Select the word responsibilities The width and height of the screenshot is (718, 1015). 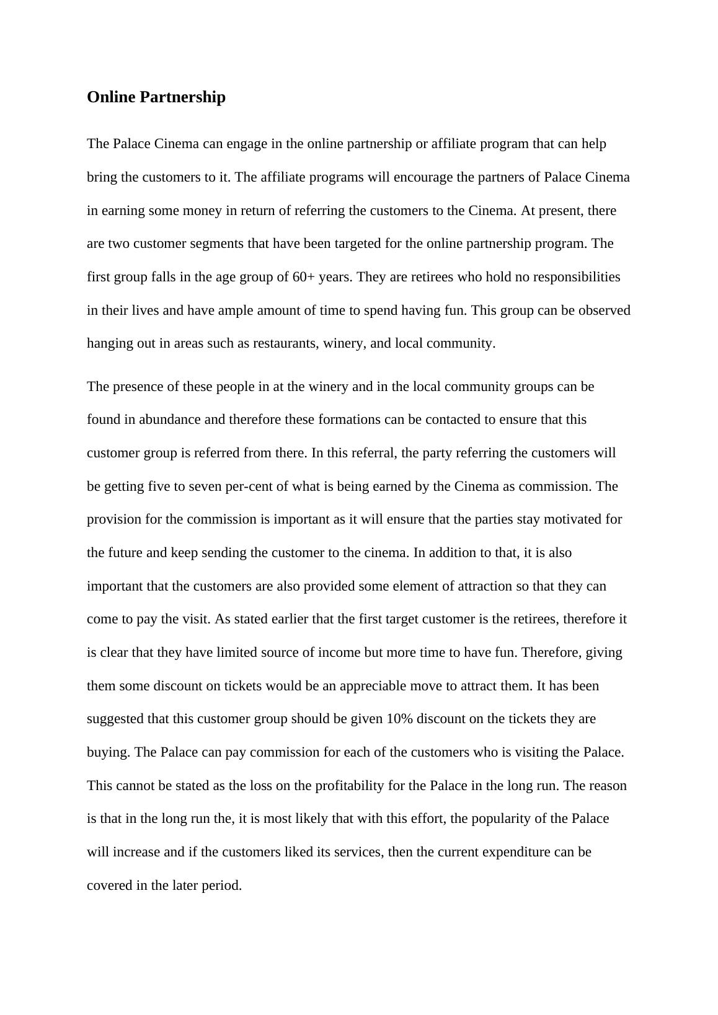click(570, 276)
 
